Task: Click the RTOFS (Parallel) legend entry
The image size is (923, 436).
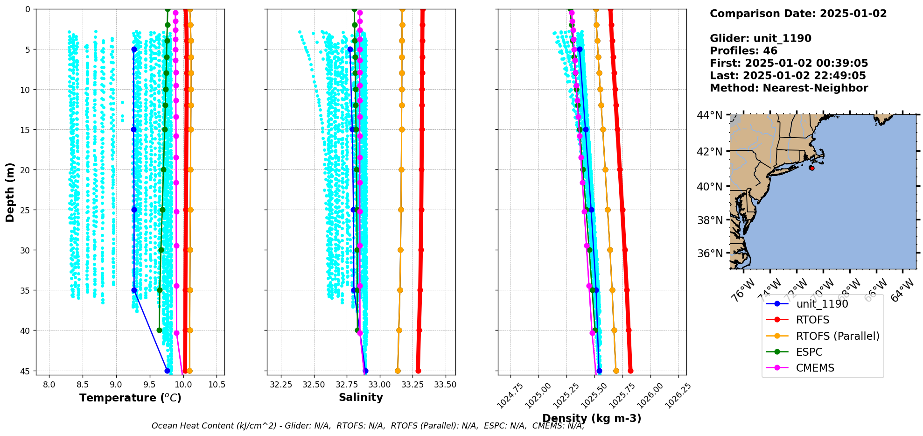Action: point(837,336)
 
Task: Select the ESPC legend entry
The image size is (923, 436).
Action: point(809,352)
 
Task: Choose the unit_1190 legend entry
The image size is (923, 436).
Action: point(822,304)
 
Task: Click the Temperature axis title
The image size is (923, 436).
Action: point(130,398)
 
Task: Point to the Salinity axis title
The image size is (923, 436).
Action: point(361,397)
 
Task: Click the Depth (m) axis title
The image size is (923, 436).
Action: point(10,192)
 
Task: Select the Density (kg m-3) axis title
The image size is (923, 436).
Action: point(592,418)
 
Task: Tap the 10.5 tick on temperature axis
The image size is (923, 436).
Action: point(217,385)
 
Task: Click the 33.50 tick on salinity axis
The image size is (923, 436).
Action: point(445,385)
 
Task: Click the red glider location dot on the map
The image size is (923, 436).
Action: point(812,168)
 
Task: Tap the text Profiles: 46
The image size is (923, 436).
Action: point(743,51)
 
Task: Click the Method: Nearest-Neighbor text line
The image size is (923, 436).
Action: point(789,88)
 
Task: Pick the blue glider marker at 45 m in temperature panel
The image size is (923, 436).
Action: point(167,371)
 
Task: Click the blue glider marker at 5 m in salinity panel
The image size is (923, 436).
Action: point(350,49)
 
